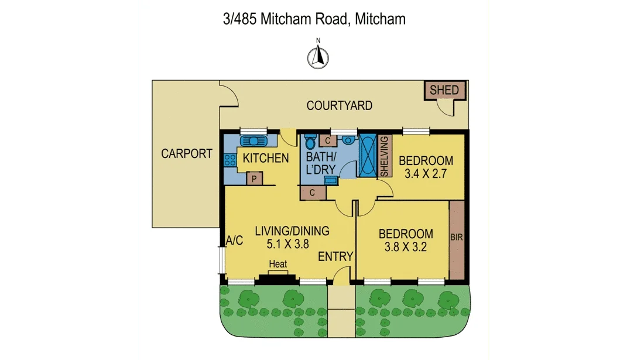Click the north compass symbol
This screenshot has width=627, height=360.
tap(318, 56)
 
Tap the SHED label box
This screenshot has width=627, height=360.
tap(445, 90)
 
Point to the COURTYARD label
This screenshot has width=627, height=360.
tap(340, 105)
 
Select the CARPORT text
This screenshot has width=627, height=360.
tap(187, 154)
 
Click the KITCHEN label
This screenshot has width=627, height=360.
tap(266, 158)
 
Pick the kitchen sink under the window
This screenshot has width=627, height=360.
tap(253, 141)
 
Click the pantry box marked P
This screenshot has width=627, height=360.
tap(255, 179)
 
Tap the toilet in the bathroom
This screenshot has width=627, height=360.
tap(310, 141)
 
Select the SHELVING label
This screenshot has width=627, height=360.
tap(385, 156)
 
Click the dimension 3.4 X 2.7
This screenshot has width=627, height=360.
tap(426, 173)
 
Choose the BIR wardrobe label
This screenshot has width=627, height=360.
tap(457, 238)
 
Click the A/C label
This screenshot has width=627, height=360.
tap(234, 239)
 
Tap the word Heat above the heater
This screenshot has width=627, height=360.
tap(277, 265)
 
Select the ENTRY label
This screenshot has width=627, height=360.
tap(335, 256)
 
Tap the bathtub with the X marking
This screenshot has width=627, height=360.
tap(368, 155)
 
